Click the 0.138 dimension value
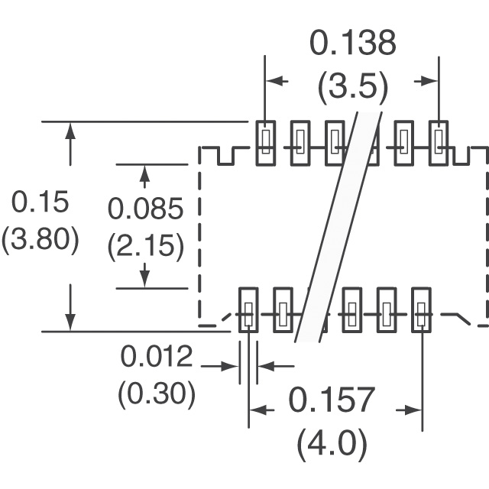point(353,43)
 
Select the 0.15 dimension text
point(40,202)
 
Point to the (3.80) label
point(40,239)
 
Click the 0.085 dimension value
point(145,209)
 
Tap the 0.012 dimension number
point(156,357)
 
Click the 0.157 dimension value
point(332,400)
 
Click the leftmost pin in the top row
point(266,143)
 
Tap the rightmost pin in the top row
point(439,143)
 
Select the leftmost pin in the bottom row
point(248,310)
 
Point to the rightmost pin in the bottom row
point(421,310)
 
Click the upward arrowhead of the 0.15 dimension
point(70,131)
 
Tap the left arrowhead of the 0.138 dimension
point(274,81)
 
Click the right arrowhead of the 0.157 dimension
point(414,410)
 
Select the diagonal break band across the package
point(338,227)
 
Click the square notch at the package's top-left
point(226,156)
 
